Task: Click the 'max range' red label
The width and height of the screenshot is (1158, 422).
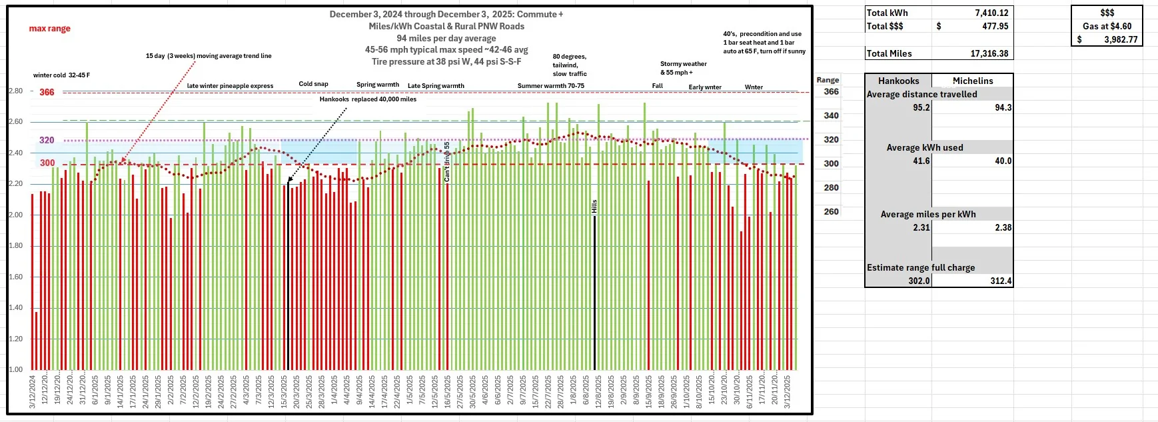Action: [49, 29]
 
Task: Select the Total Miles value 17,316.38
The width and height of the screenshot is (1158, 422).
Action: [989, 53]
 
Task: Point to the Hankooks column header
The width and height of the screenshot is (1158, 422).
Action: [898, 81]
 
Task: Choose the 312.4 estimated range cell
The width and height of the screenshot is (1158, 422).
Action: [1001, 281]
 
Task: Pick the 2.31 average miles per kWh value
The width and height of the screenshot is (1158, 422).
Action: [921, 227]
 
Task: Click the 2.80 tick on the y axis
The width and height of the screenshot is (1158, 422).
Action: [15, 91]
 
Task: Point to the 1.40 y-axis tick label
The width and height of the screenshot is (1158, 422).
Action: [15, 308]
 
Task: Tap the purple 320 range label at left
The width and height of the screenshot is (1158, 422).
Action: [47, 140]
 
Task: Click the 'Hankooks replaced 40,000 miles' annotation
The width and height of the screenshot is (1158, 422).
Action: [368, 99]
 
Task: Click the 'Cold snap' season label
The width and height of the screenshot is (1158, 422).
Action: [313, 84]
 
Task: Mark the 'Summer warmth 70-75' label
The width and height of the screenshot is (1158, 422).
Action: [550, 86]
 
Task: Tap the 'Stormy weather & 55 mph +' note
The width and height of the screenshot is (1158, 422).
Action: [683, 68]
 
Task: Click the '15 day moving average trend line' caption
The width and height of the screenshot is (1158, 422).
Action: [209, 56]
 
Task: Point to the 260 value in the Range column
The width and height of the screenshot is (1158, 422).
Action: [831, 211]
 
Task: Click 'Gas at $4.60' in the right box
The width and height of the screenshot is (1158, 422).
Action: [1107, 26]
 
